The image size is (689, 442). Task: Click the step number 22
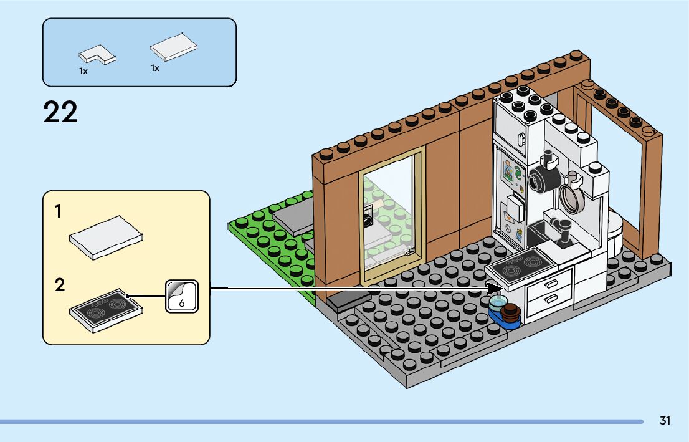coord(60,113)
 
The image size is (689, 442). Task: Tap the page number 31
coord(665,421)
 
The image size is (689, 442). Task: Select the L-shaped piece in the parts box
coord(97,54)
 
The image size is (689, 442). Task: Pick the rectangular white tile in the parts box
coord(174,48)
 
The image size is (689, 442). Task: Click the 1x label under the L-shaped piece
coord(83,72)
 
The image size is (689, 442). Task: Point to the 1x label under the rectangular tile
coord(155,68)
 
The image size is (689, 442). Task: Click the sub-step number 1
coord(58,212)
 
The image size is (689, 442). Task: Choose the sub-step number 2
coord(59,286)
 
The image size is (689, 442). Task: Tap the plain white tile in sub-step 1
coord(107,238)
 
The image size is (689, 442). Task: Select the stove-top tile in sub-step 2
coord(107,309)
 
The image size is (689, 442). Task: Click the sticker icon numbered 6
coord(181,295)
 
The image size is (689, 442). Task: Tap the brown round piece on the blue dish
coord(512,311)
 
